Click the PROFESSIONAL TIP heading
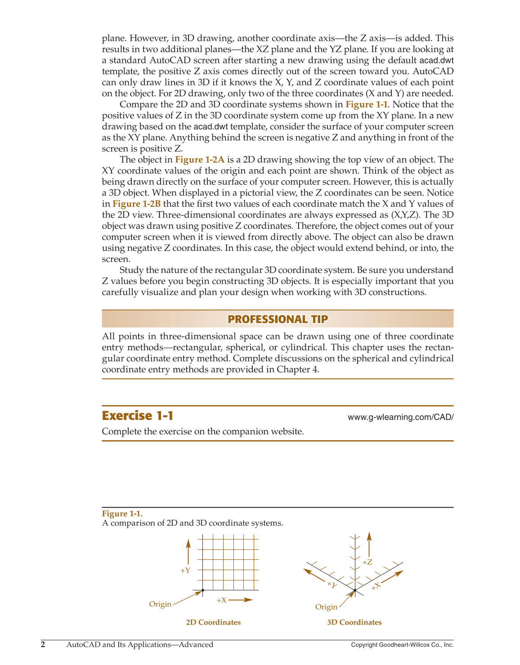(x=278, y=319)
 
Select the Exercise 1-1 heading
(x=138, y=415)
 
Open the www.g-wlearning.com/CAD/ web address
(x=400, y=417)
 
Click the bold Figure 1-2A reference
(x=199, y=160)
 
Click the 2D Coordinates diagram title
(x=213, y=622)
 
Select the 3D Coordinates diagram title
(x=354, y=622)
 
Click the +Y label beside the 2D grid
(x=185, y=571)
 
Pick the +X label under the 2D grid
(x=221, y=600)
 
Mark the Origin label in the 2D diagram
(x=160, y=604)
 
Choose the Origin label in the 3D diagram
(x=326, y=607)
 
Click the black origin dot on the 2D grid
(x=203, y=590)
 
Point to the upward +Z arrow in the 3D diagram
(x=369, y=544)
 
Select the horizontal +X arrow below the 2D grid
(x=241, y=600)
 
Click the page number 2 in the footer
(x=43, y=644)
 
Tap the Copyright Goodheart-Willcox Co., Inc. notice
(x=402, y=645)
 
